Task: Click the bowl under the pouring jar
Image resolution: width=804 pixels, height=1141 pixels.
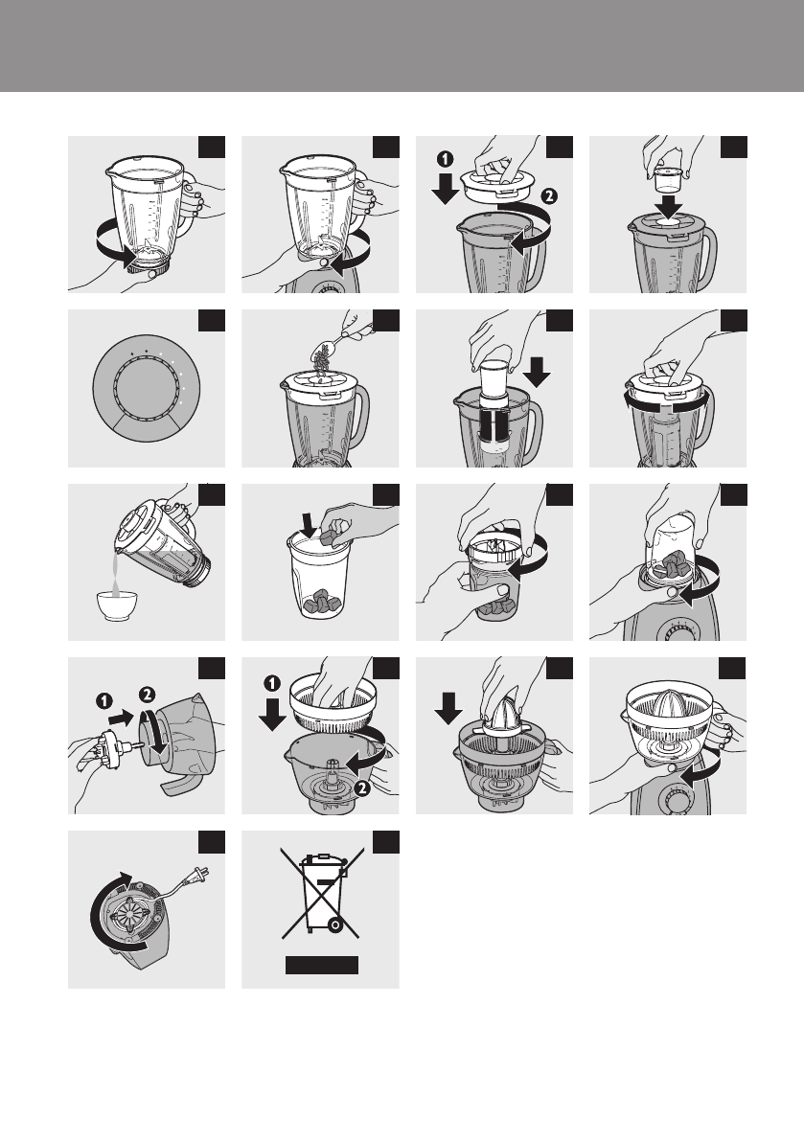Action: (x=117, y=605)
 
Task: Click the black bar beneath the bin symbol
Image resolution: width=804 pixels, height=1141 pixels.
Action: (x=321, y=965)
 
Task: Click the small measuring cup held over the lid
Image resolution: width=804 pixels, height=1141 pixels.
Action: (x=667, y=179)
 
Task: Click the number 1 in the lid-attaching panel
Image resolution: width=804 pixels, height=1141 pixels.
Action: (x=444, y=159)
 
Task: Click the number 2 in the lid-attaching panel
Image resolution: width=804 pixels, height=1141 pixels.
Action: (x=549, y=195)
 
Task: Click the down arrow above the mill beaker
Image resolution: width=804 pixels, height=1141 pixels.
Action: (x=309, y=524)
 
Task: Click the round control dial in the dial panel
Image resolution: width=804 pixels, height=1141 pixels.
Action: (x=147, y=388)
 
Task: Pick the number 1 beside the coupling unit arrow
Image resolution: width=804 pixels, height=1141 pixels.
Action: (x=104, y=701)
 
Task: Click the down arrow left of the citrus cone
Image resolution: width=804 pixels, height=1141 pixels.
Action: (x=448, y=708)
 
